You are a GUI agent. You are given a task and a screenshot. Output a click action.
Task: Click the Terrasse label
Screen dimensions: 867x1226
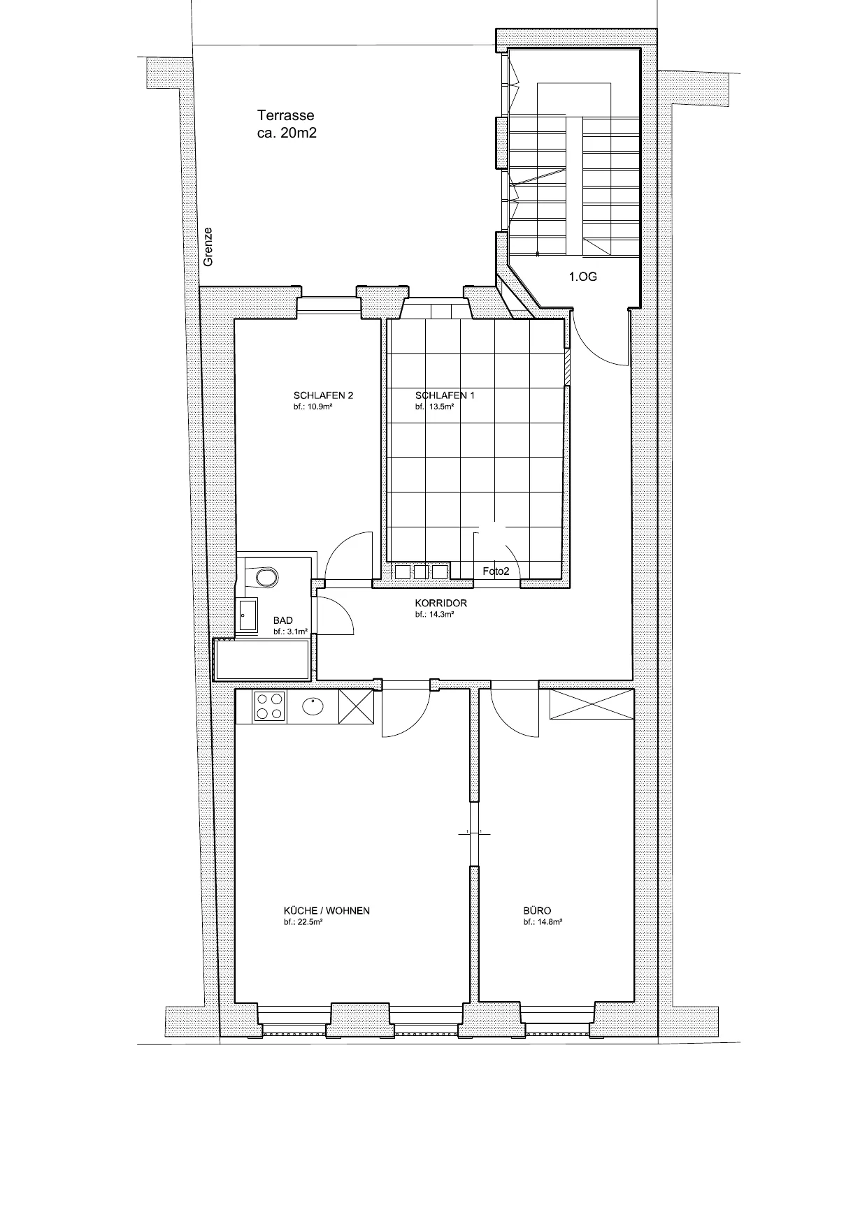[x=286, y=115]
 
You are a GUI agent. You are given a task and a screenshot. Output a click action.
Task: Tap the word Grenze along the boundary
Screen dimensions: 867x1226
[x=208, y=247]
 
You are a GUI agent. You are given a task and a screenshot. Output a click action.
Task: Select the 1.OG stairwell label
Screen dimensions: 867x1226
[x=582, y=277]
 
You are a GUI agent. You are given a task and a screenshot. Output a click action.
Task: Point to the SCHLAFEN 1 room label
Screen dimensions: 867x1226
[x=445, y=395]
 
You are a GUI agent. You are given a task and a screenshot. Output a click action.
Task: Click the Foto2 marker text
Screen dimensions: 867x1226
[x=496, y=571]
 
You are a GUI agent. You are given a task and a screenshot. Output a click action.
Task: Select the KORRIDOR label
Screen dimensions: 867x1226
[x=440, y=603]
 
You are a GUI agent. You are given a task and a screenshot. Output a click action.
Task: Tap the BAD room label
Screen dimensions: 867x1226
[x=283, y=620]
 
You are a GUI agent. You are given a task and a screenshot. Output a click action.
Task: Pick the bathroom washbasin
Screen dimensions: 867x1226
[x=248, y=615]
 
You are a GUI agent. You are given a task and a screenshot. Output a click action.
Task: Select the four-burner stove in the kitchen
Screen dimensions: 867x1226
[x=270, y=706]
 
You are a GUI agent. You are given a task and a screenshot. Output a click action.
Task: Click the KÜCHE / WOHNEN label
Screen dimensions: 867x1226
[x=327, y=911]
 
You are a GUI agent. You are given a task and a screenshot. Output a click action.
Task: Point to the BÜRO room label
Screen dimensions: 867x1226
[x=537, y=911]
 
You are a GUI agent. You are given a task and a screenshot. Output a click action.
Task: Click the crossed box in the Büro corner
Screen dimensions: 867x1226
[x=591, y=704]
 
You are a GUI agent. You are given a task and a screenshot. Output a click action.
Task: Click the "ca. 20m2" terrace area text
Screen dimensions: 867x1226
[x=287, y=133]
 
